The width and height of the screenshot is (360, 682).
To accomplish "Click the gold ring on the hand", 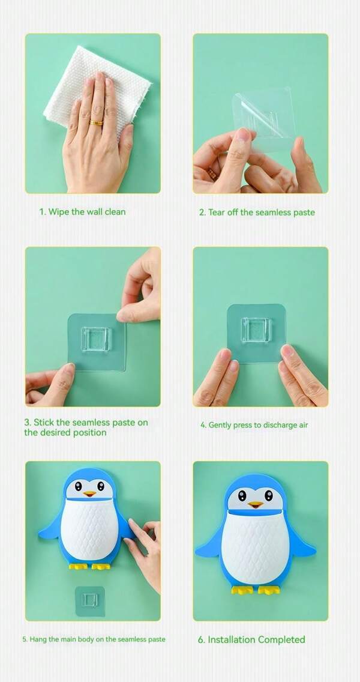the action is click(96, 122).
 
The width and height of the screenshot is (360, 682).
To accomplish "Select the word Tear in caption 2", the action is click(216, 213).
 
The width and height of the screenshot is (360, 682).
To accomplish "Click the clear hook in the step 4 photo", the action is click(256, 330).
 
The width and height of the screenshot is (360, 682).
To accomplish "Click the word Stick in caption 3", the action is click(43, 422).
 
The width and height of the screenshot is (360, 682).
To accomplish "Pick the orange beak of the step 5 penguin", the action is click(89, 493).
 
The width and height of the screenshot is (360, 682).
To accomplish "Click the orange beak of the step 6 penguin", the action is click(255, 504).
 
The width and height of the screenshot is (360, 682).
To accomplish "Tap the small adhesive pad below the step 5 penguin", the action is click(90, 601).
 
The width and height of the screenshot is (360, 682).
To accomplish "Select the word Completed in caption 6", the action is click(281, 639).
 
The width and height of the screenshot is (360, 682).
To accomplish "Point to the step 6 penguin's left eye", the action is click(242, 495).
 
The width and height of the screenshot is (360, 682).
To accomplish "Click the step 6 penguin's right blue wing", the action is click(302, 543).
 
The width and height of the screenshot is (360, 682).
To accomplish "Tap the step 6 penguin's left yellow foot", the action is click(242, 590).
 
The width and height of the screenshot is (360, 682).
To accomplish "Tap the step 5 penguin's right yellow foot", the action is click(101, 566).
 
